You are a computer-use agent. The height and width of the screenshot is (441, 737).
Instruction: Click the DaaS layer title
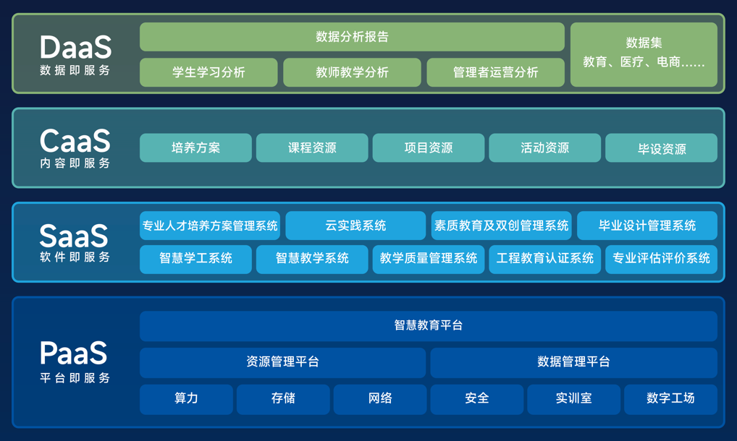tap(75, 48)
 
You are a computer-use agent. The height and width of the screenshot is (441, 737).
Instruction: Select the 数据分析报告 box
tap(352, 37)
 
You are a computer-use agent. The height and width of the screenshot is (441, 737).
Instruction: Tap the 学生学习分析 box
tap(209, 72)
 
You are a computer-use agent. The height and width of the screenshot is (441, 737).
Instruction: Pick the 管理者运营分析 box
tap(496, 72)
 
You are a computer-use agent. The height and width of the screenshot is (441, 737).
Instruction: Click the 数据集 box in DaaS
tap(644, 54)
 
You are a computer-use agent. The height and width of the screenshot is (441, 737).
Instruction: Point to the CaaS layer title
tap(75, 140)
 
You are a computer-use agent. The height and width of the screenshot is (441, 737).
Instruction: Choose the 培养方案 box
tap(195, 147)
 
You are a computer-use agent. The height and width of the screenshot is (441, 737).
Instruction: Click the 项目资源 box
tap(429, 147)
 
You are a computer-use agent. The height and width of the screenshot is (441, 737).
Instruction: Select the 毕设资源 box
tap(661, 148)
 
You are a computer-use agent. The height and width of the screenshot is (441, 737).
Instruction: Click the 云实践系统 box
tap(355, 226)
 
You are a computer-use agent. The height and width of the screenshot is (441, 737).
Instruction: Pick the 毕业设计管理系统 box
tap(647, 226)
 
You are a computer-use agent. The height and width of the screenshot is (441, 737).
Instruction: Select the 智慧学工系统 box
tap(195, 259)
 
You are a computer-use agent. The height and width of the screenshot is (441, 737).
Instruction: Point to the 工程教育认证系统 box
tap(544, 259)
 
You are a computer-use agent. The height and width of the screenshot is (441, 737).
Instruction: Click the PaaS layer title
tap(74, 354)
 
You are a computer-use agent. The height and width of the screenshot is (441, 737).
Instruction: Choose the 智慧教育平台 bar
tap(429, 326)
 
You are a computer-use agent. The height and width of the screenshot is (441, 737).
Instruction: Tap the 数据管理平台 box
tap(573, 362)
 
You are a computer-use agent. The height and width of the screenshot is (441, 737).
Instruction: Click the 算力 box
tap(186, 398)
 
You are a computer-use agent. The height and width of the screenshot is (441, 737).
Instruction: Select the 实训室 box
tap(573, 398)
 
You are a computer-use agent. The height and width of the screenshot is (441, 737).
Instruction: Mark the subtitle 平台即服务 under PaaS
tap(75, 377)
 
